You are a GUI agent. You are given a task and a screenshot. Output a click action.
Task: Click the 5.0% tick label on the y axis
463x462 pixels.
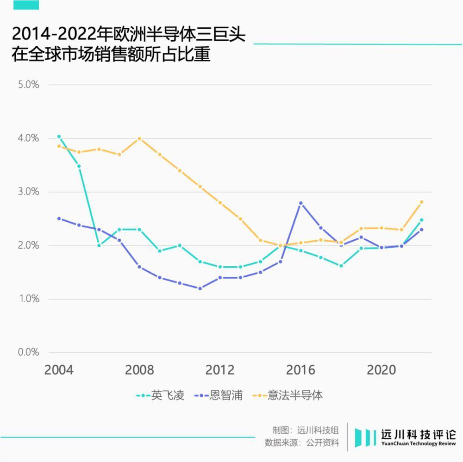[29, 85]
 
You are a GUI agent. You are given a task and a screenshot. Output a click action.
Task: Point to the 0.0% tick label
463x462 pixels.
[29, 352]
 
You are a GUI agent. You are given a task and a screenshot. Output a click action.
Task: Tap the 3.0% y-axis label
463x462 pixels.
[29, 192]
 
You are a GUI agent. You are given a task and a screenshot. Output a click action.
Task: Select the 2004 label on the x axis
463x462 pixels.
[58, 370]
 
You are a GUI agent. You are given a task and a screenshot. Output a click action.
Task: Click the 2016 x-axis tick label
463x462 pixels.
[300, 370]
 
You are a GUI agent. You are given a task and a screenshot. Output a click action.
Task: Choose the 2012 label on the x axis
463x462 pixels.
[220, 370]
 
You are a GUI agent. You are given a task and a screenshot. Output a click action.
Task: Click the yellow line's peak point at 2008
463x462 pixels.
[139, 138]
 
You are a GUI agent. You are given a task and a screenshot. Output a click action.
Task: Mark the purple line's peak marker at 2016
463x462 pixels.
[300, 203]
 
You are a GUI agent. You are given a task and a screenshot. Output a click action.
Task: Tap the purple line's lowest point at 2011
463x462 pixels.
[200, 288]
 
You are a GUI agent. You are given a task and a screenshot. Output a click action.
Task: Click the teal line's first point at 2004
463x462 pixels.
[59, 137]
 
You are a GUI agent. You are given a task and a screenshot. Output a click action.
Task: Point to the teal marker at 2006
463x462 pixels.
[99, 245]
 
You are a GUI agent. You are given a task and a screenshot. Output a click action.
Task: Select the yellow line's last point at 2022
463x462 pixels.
[421, 202]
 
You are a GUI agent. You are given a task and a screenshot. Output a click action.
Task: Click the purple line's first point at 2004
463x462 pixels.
[59, 219]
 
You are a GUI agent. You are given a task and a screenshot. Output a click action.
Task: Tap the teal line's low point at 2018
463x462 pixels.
[341, 266]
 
